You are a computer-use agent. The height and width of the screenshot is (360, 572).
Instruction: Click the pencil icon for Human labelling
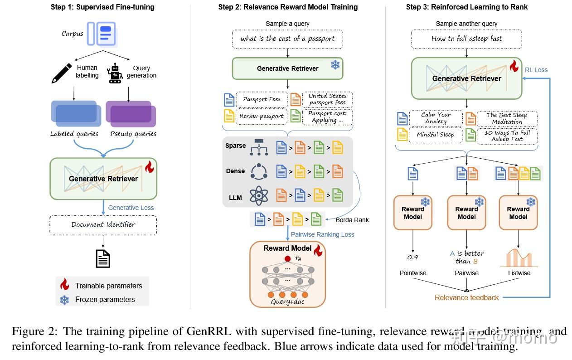[x=62, y=73]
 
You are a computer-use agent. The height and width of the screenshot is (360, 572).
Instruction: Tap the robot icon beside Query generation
[x=115, y=73]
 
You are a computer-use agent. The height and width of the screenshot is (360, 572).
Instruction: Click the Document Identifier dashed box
[x=103, y=225]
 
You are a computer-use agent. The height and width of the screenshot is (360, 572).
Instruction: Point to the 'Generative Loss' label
[x=131, y=208]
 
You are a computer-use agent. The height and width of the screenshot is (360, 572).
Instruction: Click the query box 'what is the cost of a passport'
[x=288, y=39]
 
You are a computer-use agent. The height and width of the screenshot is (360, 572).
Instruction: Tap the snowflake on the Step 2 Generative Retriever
[x=335, y=64]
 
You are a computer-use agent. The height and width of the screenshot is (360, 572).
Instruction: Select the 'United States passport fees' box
[x=327, y=99]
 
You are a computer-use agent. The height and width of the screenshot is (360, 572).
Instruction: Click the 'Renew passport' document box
[x=262, y=116]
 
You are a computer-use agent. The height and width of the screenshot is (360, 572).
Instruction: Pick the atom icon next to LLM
[x=259, y=196]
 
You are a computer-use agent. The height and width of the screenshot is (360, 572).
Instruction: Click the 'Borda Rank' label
[x=352, y=220]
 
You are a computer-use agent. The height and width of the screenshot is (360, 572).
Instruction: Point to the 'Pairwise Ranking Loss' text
[x=322, y=234]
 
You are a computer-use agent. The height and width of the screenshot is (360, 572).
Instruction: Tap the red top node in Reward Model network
[x=287, y=259]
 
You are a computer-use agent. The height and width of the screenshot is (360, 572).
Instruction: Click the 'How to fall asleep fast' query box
[x=466, y=39]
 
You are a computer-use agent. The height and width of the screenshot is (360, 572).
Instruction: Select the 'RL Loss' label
[x=536, y=70]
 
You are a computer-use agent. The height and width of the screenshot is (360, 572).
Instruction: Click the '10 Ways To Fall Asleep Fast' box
[x=507, y=136]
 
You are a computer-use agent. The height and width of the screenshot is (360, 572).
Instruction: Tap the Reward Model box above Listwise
[x=518, y=213]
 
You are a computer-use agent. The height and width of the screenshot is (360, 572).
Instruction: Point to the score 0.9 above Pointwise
[x=412, y=257]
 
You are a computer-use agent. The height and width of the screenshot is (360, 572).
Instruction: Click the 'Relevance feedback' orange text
[x=466, y=297]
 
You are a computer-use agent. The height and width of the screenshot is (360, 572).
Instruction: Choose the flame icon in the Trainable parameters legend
[x=64, y=285]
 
